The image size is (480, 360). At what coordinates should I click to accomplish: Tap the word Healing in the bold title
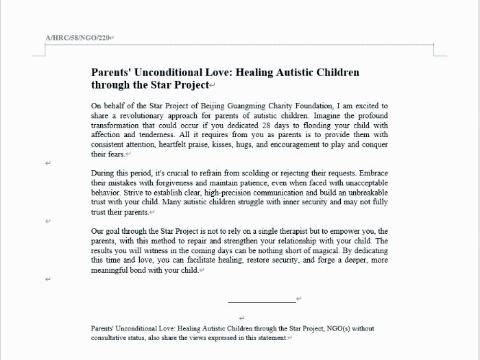[x=257, y=72]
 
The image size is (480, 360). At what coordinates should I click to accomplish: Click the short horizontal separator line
[x=261, y=302]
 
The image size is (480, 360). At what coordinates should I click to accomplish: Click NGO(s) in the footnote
[x=338, y=328]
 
